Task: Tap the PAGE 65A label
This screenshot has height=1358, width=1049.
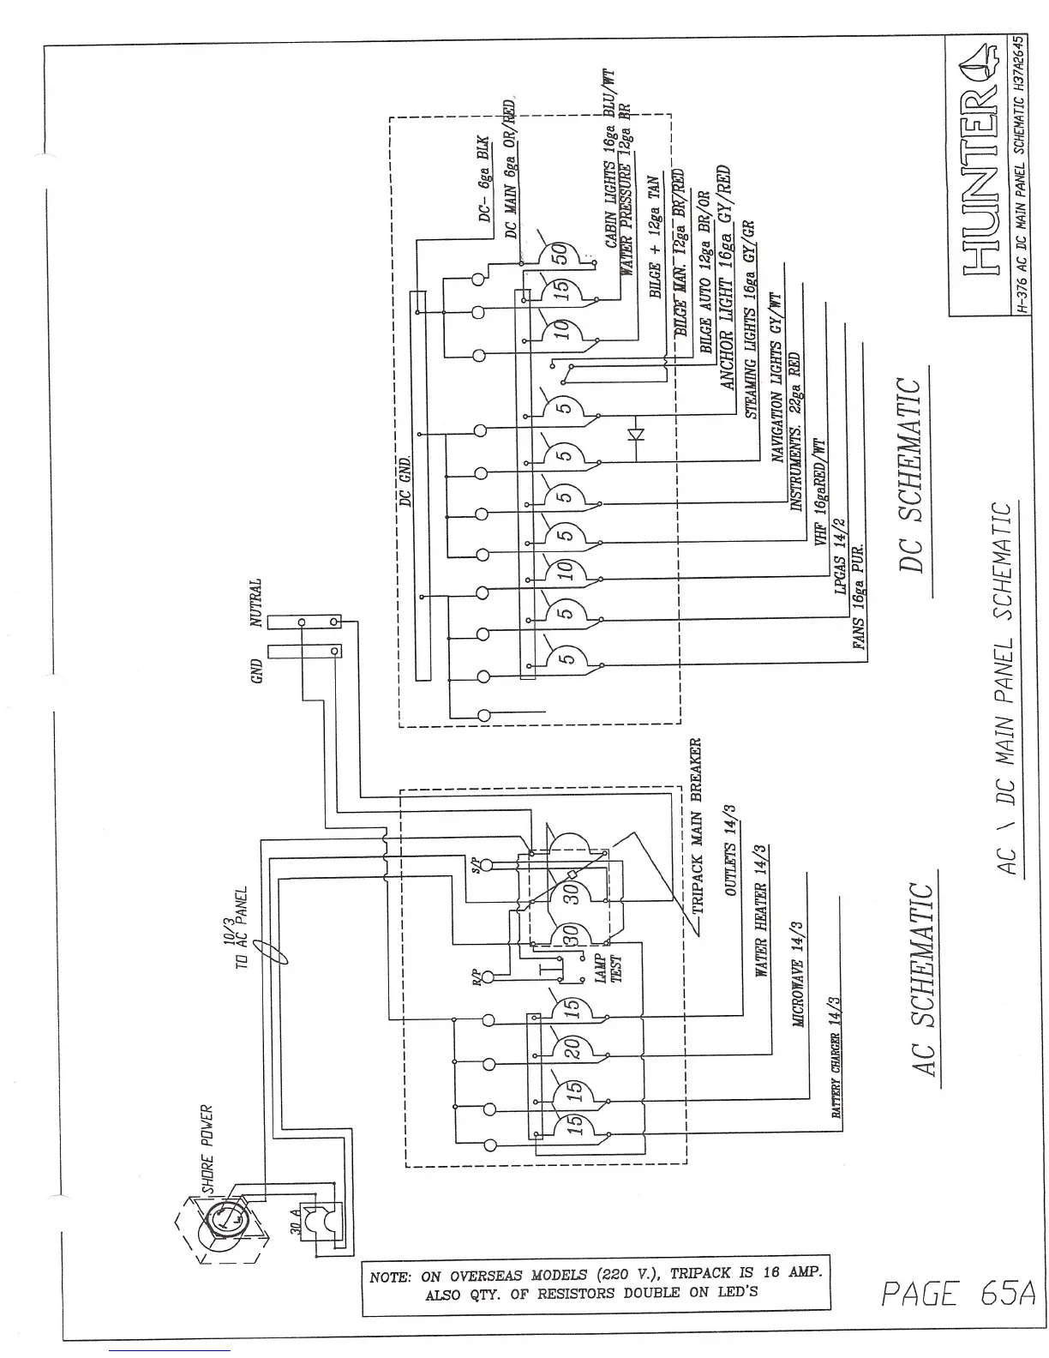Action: coord(957,1293)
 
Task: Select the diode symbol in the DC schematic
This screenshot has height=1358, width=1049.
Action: coord(635,434)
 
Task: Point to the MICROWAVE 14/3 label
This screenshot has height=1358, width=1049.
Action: coord(798,974)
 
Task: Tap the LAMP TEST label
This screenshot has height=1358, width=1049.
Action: coord(607,968)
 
